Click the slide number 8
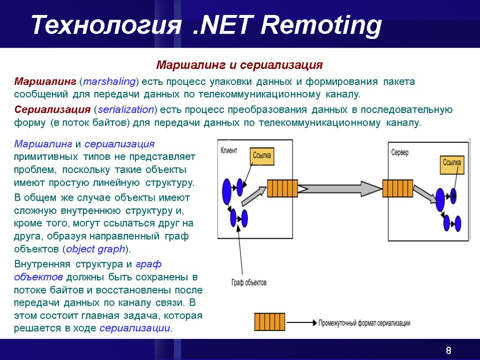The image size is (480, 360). [x=449, y=351]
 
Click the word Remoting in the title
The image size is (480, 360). [x=321, y=26]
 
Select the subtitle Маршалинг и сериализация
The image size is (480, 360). [x=240, y=64]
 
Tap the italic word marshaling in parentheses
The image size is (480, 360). [x=109, y=82]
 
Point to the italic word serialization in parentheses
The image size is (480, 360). [x=124, y=110]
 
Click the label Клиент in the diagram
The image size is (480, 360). [x=229, y=150]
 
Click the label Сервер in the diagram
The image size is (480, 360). [x=400, y=153]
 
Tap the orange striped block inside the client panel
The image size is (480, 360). [x=283, y=188]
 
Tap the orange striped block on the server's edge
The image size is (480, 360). [x=397, y=189]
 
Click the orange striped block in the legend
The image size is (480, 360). [x=270, y=322]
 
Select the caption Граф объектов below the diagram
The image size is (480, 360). [x=249, y=283]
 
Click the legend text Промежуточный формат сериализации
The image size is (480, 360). [x=364, y=323]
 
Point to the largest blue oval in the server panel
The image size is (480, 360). [x=440, y=199]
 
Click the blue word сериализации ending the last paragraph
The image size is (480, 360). [x=135, y=328]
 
